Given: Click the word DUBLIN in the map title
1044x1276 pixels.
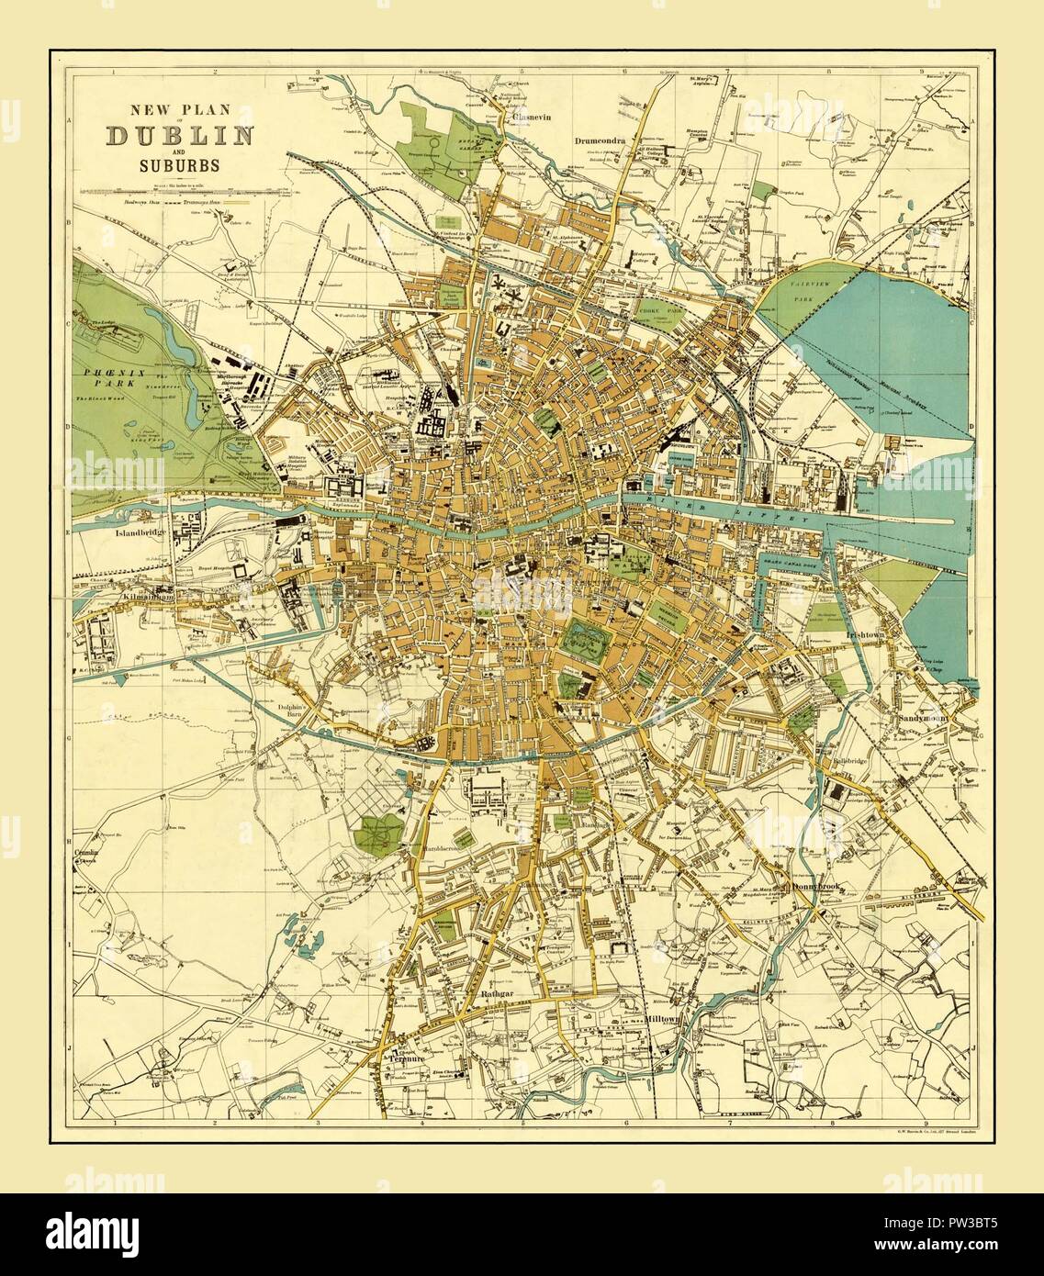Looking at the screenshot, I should pos(180,135).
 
